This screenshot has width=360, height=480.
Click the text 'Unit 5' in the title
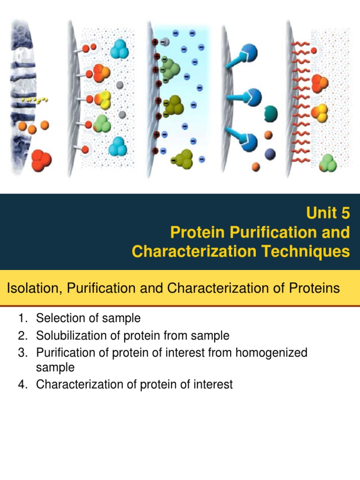coord(328,213)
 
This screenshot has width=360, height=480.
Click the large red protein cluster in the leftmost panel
coord(42,160)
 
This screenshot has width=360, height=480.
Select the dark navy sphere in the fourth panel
coord(270,153)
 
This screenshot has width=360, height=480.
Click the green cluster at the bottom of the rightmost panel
coord(328,163)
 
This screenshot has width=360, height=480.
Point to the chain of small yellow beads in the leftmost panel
coord(35,100)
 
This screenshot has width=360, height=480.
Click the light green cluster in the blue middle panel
coord(172,71)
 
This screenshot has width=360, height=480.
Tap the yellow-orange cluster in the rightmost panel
coord(320,113)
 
